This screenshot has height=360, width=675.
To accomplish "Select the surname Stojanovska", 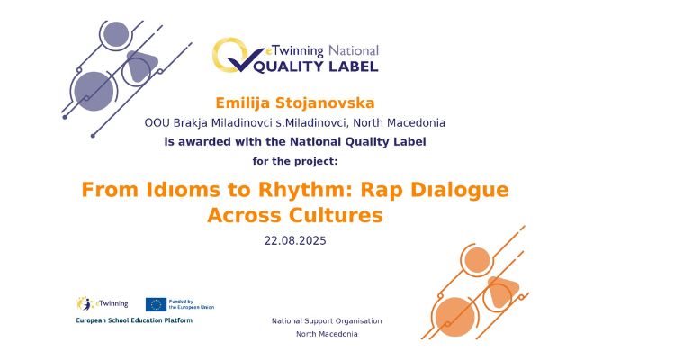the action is point(325,103).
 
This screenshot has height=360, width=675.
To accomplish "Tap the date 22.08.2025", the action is point(295,240).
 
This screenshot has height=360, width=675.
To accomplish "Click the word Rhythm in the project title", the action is point(305,191).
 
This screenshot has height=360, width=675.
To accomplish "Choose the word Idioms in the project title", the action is point(183,190).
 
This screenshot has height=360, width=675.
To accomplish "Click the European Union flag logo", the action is point(156,304).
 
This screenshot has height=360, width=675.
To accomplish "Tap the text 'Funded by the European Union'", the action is point(191,304).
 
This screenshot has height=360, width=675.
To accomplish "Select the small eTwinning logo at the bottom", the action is point(103,303).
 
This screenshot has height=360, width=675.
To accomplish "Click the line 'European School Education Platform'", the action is point(134,320).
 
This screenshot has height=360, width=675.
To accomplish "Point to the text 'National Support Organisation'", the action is point(327,320).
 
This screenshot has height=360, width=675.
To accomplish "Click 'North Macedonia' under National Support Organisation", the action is point(327,334).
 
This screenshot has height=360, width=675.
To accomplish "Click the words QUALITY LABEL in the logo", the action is point(317,67).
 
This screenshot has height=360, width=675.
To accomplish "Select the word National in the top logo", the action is point(354,50).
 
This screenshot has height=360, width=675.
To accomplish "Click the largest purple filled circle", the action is point(94,91).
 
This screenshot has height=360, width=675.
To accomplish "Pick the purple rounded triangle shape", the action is point(140,66).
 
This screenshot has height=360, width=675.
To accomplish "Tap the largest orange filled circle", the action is point(454,317).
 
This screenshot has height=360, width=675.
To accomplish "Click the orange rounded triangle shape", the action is point(501,291).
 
